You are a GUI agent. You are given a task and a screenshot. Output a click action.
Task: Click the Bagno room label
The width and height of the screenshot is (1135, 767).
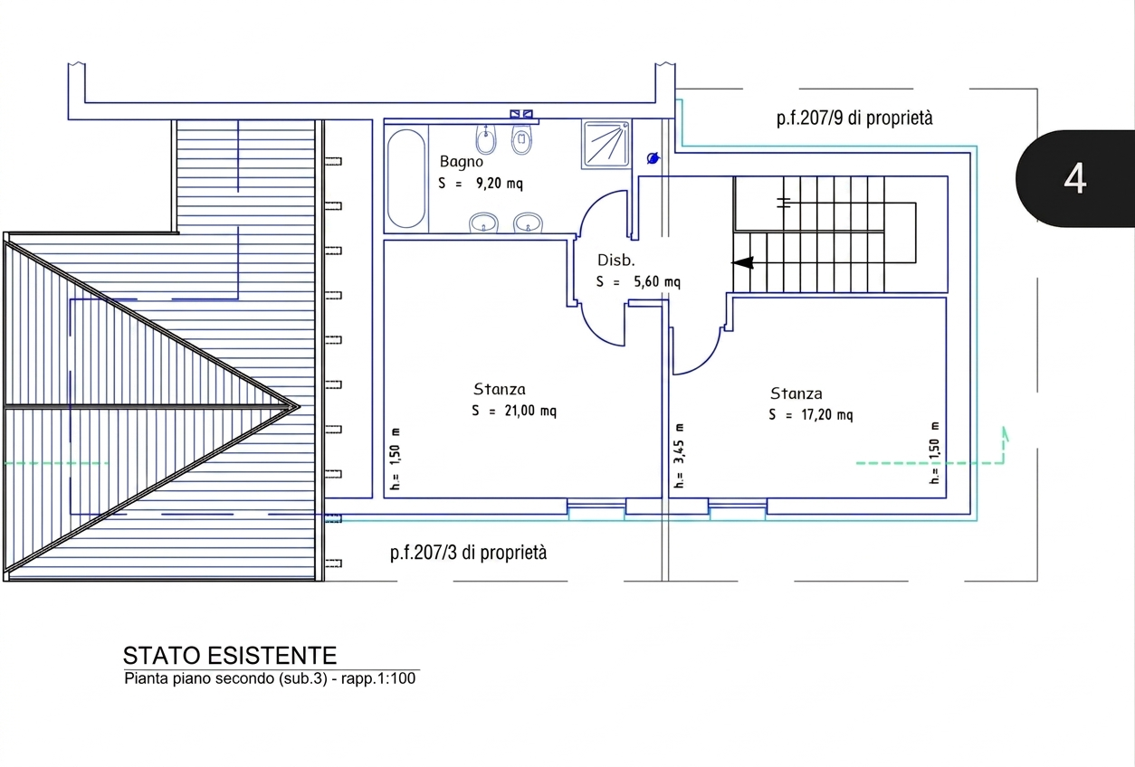click(x=461, y=162)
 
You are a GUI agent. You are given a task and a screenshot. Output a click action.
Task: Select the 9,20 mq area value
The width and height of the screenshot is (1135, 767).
click(x=499, y=183)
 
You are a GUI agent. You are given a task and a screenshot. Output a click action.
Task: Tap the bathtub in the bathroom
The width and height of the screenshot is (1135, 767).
click(x=406, y=178)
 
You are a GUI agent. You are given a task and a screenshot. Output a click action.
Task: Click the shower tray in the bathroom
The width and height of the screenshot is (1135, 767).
click(x=606, y=145)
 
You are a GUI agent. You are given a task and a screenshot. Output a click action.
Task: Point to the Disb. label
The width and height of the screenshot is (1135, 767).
click(x=615, y=260)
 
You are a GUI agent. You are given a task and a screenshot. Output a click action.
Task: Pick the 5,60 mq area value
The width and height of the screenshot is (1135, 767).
click(x=657, y=281)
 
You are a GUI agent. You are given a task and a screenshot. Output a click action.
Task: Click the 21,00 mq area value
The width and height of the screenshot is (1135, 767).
click(x=530, y=411)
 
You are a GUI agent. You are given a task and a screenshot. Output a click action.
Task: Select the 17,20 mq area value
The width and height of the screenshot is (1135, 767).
click(x=827, y=414)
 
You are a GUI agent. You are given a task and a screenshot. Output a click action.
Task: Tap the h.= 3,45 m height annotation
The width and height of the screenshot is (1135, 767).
click(x=679, y=456)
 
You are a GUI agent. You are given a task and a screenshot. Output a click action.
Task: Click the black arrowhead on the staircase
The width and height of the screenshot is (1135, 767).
click(x=742, y=263)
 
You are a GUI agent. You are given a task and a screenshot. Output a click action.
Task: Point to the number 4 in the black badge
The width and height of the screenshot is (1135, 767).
click(x=1074, y=179)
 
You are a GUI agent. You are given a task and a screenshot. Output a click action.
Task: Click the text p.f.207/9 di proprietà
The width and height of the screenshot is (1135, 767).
click(x=854, y=118)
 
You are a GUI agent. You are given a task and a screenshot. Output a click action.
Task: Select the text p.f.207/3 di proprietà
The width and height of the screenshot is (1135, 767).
click(x=468, y=553)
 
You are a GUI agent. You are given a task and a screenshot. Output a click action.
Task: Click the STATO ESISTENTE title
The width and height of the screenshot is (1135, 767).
click(x=230, y=656)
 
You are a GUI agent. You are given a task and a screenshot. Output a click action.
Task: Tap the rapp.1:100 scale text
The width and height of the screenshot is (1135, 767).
click(x=378, y=678)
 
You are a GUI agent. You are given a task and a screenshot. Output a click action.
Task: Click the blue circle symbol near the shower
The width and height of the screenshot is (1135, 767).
click(x=653, y=158)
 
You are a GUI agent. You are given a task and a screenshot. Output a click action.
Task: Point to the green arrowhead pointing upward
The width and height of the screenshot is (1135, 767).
click(x=1006, y=434)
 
